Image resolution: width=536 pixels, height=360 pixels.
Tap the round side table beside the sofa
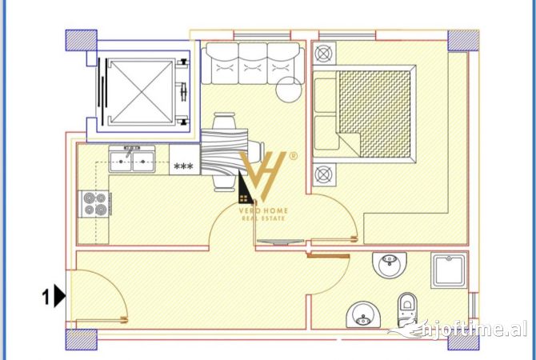click(x=287, y=89)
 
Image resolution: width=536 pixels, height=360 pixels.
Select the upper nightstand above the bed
click(x=324, y=54)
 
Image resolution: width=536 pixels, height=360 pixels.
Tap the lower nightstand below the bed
click(x=324, y=174)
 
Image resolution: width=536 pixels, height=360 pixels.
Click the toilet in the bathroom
click(x=408, y=308)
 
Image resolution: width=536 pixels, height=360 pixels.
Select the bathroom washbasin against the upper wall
click(x=390, y=262)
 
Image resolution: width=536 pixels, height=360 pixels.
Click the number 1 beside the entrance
click(x=46, y=298)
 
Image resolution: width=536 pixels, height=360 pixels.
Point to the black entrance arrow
click(x=60, y=298)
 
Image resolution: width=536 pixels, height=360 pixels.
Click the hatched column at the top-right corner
click(x=461, y=40)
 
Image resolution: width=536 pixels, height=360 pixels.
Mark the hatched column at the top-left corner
click(x=80, y=41)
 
